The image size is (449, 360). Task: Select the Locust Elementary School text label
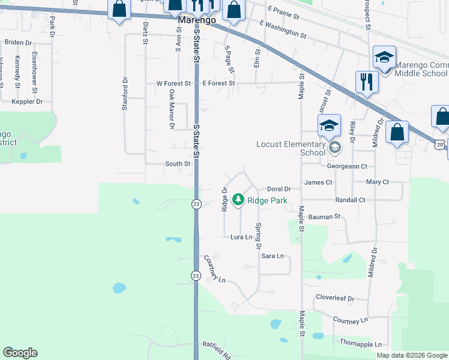pyautogui.click(x=291, y=148)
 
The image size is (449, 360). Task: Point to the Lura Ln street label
pyautogui.click(x=241, y=238)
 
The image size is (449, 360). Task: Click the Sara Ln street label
pyautogui.click(x=272, y=256)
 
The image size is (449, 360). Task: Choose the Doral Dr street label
pyautogui.click(x=279, y=189)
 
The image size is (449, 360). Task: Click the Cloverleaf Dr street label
pyautogui.click(x=335, y=298)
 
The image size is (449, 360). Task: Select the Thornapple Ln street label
pyautogui.click(x=360, y=344)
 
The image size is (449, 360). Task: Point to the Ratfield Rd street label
pyautogui.click(x=217, y=350)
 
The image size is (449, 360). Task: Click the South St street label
pyautogui.click(x=178, y=164)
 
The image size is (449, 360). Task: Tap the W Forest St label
pyautogui.click(x=173, y=83)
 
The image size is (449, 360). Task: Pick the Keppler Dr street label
pyautogui.click(x=27, y=101)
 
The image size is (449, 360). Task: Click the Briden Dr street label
pyautogui.click(x=18, y=43)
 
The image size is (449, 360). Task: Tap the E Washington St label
pyautogui.click(x=283, y=31)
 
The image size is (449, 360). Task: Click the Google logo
pyautogui.click(x=20, y=353)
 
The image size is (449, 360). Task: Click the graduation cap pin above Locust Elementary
pyautogui.click(x=329, y=127)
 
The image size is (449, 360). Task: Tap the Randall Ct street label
pyautogui.click(x=351, y=200)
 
